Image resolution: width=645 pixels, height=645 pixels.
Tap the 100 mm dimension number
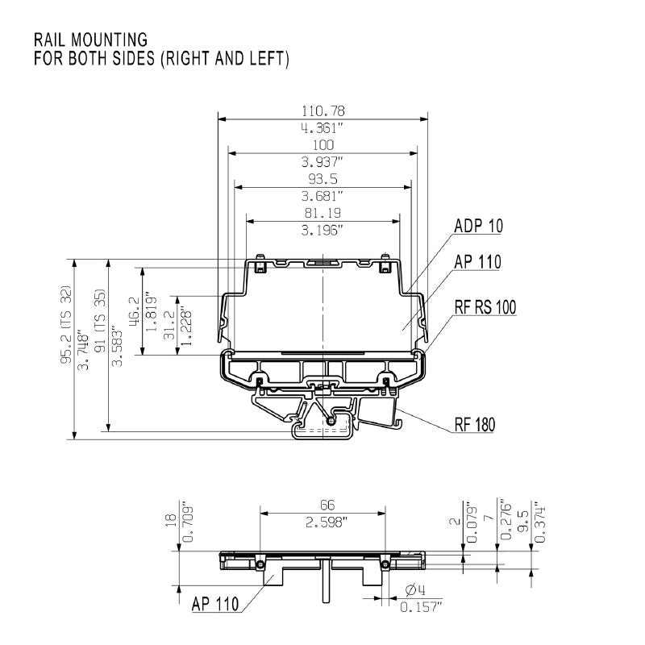322,144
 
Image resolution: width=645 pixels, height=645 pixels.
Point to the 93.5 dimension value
322,178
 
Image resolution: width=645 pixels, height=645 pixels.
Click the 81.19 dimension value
322,213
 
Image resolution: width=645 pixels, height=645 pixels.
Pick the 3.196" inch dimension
322,230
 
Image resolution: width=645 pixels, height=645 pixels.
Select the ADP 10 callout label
477,227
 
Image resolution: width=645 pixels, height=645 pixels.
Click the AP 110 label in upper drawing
476,261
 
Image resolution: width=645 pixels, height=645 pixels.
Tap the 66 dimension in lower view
322,505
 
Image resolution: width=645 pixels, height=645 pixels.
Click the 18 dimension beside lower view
169,522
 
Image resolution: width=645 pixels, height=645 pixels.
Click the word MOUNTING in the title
107,40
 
